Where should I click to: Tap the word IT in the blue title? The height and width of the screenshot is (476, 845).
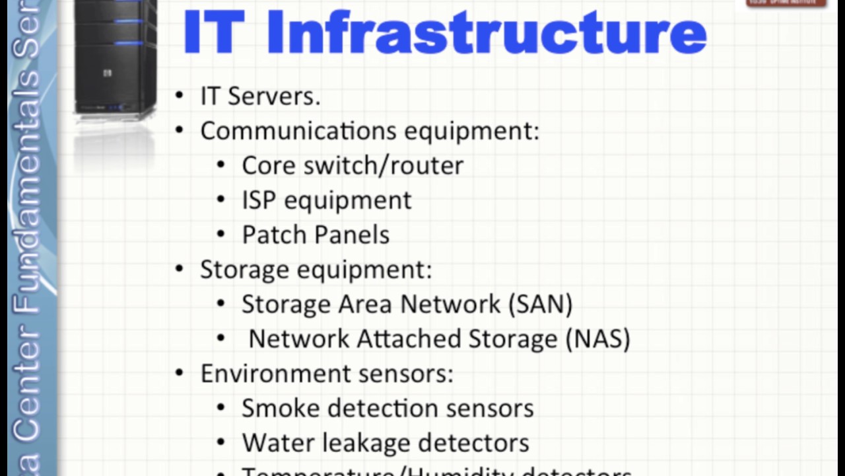[210, 32]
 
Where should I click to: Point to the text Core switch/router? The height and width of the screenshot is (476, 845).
[353, 165]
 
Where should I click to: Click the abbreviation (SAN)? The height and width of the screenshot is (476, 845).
[540, 304]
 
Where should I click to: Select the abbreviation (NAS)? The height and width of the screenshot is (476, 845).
[598, 338]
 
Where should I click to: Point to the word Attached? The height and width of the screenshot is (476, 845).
[409, 338]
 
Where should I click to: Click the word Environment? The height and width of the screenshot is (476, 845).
[276, 374]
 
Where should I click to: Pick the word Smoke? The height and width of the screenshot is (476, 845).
[281, 408]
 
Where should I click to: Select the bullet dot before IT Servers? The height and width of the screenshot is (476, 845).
[180, 96]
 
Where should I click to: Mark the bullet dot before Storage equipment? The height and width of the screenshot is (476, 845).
[180, 269]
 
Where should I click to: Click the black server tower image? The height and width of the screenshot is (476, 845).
[116, 56]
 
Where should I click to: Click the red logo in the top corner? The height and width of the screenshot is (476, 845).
[786, 3]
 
